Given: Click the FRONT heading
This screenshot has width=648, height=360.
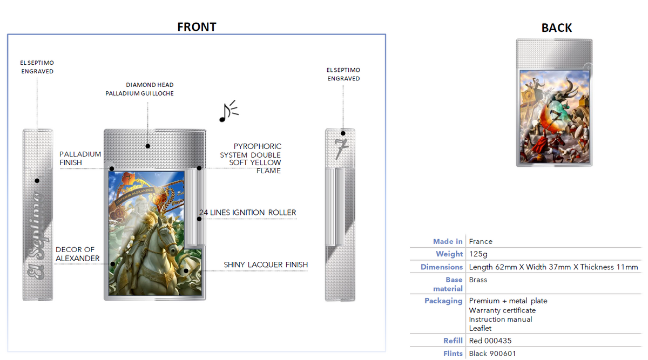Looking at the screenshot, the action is tap(197, 27).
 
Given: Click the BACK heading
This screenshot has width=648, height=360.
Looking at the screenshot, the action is tap(557, 28).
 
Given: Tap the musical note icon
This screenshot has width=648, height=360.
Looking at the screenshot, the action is tap(228, 111).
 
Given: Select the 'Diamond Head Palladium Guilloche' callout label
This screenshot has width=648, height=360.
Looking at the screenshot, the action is tap(139, 89).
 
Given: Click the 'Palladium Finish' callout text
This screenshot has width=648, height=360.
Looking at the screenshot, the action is tap(80, 158).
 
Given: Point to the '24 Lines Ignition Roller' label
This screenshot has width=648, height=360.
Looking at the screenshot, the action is tap(248, 213).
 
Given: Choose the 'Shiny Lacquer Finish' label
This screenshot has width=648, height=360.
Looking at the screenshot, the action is tap(266, 264).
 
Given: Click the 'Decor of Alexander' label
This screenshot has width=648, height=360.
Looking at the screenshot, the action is tap(78, 254).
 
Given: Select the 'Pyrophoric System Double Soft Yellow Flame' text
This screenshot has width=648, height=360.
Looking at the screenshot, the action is tap(251, 159).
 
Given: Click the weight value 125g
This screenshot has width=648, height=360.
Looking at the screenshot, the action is tap(478, 254).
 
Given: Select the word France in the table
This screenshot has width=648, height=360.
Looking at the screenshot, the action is tap(481, 241).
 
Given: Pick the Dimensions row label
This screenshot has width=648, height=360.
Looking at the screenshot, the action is tap(442, 267).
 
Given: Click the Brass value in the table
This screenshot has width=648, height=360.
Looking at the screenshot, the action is tap(478, 280).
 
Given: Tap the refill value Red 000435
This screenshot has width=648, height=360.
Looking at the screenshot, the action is tap(490, 341).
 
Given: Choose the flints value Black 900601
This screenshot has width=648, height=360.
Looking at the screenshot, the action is tap(492, 354).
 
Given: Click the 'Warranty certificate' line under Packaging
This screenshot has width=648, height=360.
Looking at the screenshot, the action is tap(502, 310).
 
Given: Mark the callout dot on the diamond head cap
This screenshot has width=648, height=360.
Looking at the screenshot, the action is tap(148, 146).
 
